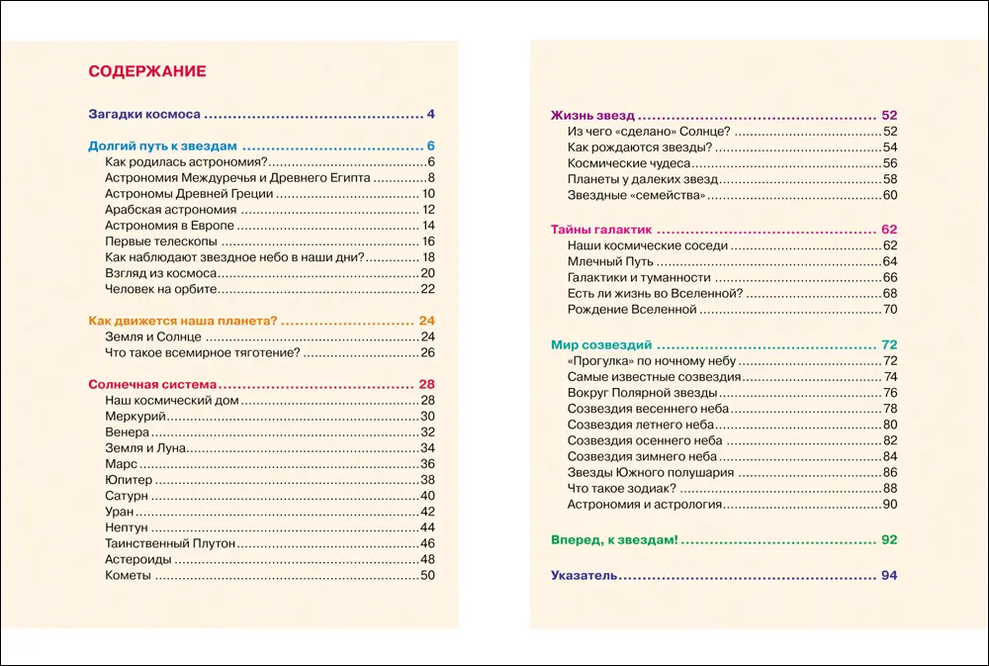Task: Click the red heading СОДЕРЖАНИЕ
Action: click(147, 71)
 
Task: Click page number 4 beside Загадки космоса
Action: click(431, 113)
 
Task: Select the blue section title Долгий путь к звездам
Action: click(163, 144)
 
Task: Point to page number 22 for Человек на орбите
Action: click(428, 289)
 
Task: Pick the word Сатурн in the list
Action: click(127, 496)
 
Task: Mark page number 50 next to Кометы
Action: click(428, 576)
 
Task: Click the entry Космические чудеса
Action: click(628, 163)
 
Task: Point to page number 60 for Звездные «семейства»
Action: click(889, 196)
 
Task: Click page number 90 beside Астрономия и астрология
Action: click(889, 505)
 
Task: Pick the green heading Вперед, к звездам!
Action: click(614, 540)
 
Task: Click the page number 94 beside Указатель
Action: click(888, 576)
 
